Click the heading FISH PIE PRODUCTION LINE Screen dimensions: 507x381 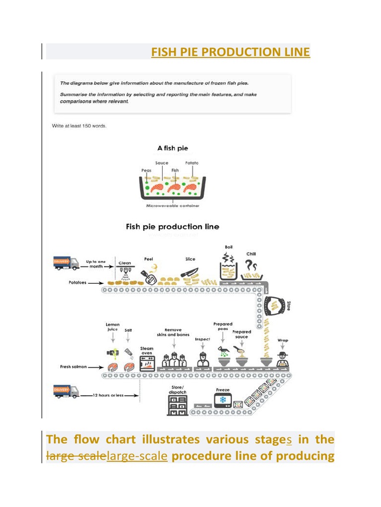231,52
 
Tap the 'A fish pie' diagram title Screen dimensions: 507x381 173,148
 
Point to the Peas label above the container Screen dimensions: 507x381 146,170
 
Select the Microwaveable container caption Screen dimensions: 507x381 173,205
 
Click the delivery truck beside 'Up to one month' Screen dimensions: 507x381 66,263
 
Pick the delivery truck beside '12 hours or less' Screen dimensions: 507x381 66,392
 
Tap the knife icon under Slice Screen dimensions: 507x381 190,273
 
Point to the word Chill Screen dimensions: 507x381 251,254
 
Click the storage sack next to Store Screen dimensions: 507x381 273,306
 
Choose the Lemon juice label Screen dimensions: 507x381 113,327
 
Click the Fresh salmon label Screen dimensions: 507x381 73,367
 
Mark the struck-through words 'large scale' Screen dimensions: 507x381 75,456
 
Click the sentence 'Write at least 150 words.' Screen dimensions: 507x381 79,126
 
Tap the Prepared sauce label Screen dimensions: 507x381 242,334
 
